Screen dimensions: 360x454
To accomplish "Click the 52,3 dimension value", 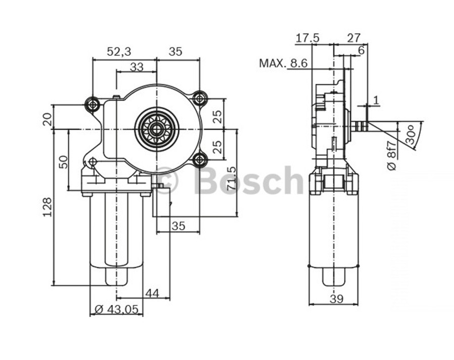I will (x=119, y=51).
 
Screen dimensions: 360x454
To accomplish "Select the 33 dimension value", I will (x=136, y=67).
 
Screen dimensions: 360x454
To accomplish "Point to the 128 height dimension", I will (x=47, y=207).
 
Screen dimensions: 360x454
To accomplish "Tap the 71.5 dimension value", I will (x=231, y=178).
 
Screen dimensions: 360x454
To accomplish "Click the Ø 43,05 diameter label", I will (x=116, y=310).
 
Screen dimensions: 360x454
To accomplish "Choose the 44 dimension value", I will (x=152, y=293).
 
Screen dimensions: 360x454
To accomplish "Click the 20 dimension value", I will (x=47, y=119).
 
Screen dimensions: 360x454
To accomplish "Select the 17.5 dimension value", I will (x=308, y=38).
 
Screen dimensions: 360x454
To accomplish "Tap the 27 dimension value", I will (x=354, y=38).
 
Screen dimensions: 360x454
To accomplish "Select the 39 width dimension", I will (x=336, y=298).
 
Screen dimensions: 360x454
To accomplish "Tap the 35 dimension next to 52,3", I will (x=176, y=51).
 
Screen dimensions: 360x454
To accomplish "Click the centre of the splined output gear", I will (x=156, y=129).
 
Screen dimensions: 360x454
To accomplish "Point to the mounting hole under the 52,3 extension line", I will (x=92, y=104).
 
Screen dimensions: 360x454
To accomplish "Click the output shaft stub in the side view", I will (x=358, y=126).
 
